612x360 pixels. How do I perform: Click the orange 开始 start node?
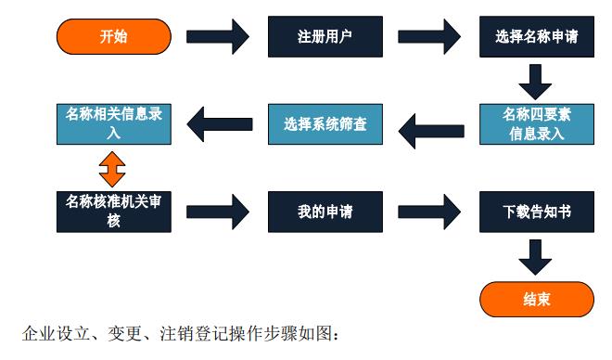pos(114,37)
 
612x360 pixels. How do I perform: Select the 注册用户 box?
pos(325,38)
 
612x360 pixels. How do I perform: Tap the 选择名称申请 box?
pos(535,38)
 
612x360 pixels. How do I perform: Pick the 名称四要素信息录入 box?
pos(535,123)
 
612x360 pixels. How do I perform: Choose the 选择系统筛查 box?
pos(325,123)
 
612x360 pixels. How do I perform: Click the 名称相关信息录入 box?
pos(114,123)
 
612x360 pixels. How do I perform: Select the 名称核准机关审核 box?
pos(114,211)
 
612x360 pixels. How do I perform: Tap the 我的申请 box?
pos(325,211)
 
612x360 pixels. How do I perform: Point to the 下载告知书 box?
pos(535,211)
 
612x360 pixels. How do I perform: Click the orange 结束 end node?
pos(535,299)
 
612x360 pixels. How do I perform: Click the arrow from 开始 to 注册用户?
pos(218,38)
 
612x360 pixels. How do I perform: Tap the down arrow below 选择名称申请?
pos(535,81)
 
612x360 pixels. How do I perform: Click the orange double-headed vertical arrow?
pos(113,167)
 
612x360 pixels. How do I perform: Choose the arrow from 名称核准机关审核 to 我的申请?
pos(218,211)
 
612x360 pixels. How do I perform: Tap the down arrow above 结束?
pos(535,255)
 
